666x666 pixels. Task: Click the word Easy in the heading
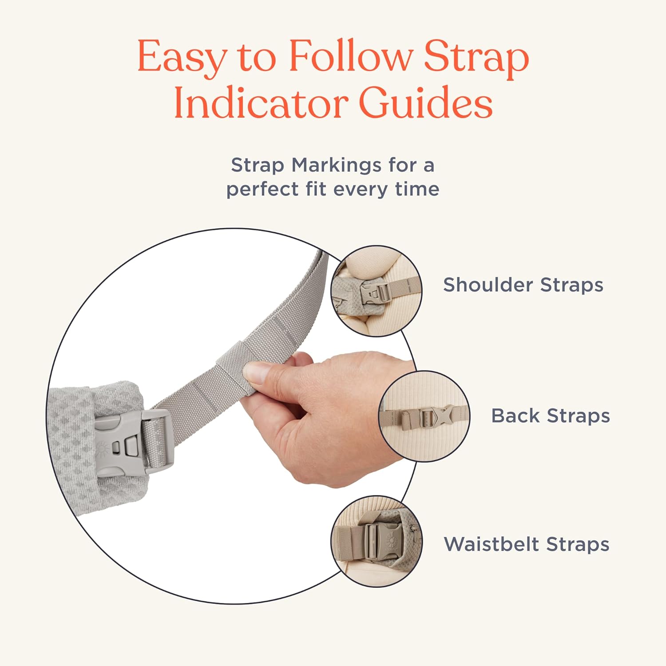click(182, 57)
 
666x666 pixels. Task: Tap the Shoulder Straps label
click(523, 285)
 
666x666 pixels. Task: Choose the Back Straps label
click(550, 416)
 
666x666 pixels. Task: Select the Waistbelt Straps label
click(527, 544)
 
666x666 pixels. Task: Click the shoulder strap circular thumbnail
click(377, 291)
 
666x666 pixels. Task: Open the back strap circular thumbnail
click(424, 416)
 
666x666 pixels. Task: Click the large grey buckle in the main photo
click(133, 444)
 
